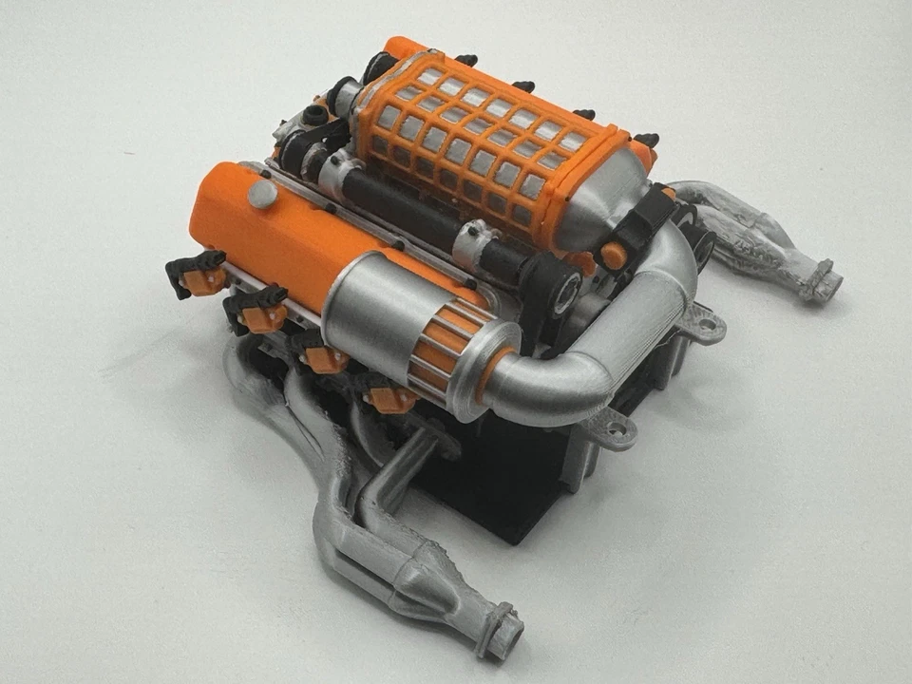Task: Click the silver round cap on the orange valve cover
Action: [261, 195]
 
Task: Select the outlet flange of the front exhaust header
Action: [501, 630]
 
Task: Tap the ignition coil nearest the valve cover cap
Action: [197, 273]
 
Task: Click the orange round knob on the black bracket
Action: [614, 256]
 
